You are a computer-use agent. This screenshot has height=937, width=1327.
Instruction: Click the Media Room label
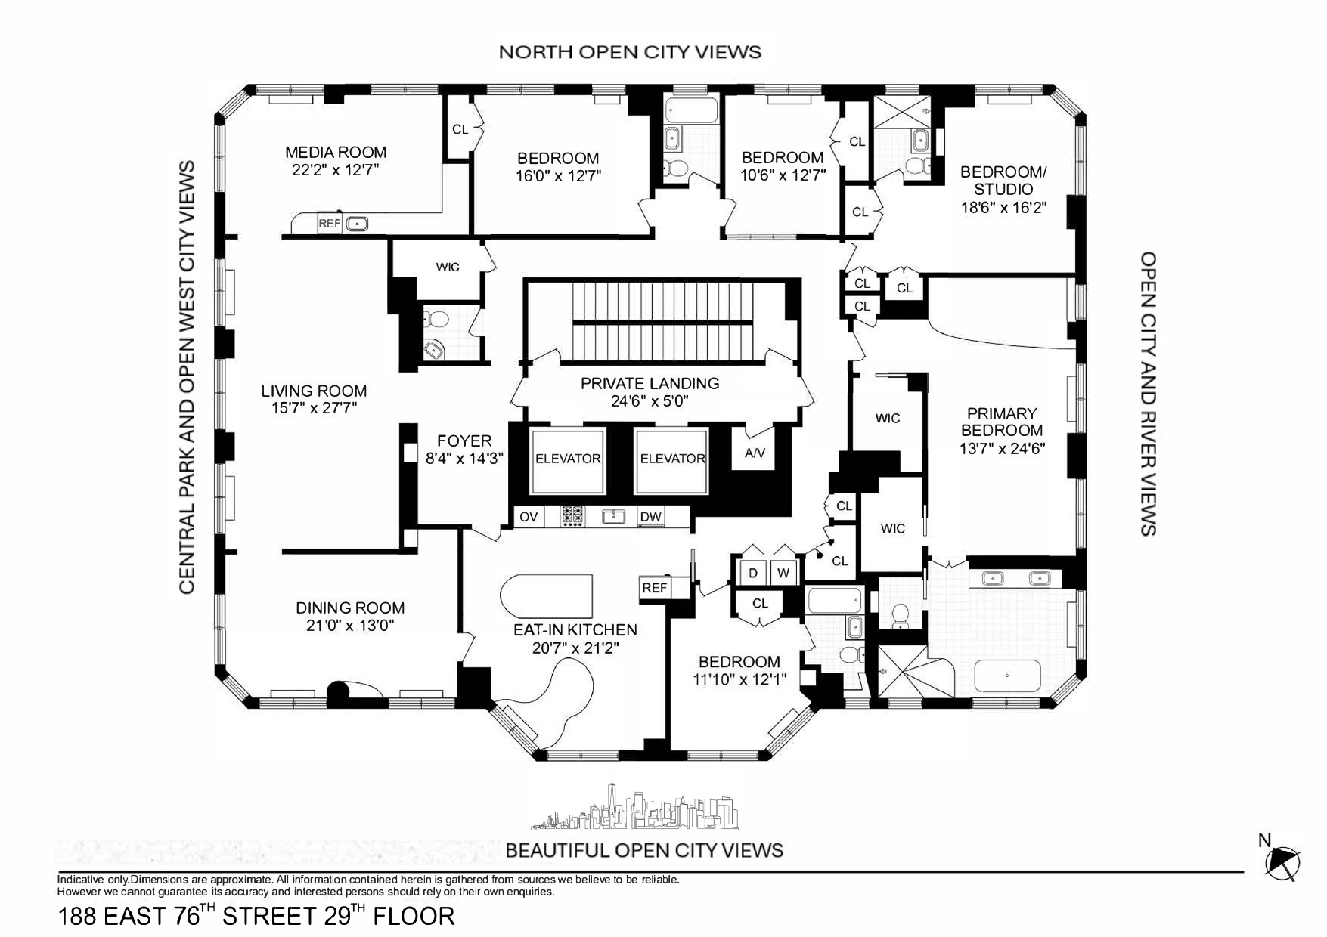pyautogui.click(x=336, y=152)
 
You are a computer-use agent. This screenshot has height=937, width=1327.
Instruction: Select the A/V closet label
pyautogui.click(x=755, y=453)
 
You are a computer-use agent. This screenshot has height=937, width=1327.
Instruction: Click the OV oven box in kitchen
pyautogui.click(x=529, y=517)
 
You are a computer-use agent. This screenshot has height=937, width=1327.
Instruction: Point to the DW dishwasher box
pyautogui.click(x=650, y=517)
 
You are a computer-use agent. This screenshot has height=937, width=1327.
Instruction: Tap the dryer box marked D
pyautogui.click(x=753, y=573)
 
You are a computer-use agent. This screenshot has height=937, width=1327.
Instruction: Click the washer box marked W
pyautogui.click(x=783, y=573)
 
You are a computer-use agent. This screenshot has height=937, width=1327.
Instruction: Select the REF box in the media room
pyautogui.click(x=329, y=224)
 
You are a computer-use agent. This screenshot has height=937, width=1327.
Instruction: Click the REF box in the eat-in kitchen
pyautogui.click(x=655, y=587)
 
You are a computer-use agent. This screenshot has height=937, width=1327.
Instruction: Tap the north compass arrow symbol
pyautogui.click(x=1282, y=862)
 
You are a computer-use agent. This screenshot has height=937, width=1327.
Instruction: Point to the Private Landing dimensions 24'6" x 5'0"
pyautogui.click(x=650, y=401)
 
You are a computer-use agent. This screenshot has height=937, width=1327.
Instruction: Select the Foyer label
pyautogui.click(x=464, y=441)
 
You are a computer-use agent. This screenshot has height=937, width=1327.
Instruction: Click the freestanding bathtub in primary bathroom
pyautogui.click(x=1007, y=676)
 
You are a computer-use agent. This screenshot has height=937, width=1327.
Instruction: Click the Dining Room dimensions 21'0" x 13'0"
pyautogui.click(x=349, y=626)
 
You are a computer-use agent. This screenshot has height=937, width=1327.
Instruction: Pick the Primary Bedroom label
pyautogui.click(x=1002, y=422)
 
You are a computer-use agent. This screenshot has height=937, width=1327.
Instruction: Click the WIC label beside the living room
pyautogui.click(x=448, y=267)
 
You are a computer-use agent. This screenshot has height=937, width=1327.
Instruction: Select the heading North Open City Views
pyautogui.click(x=630, y=51)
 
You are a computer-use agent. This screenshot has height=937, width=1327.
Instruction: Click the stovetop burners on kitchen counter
pyautogui.click(x=572, y=517)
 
